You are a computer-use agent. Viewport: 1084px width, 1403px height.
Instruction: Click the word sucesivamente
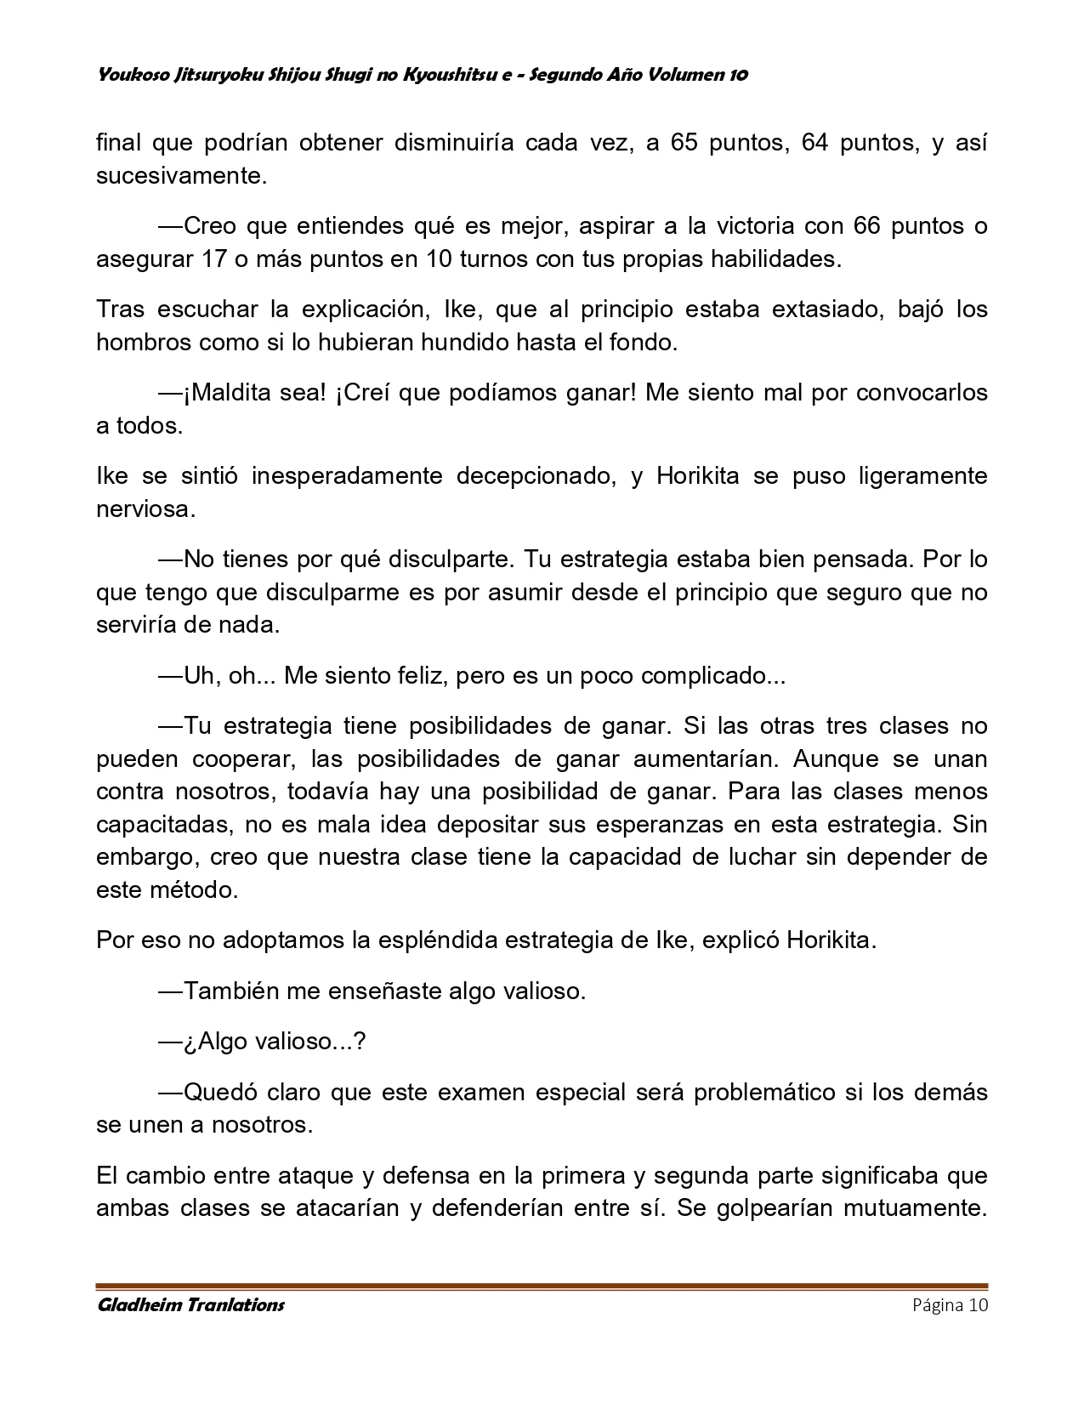pos(181,176)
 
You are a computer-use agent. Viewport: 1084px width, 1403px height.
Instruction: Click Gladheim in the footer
pos(140,1304)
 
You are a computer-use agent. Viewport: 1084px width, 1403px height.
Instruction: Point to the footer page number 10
pos(977,1305)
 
